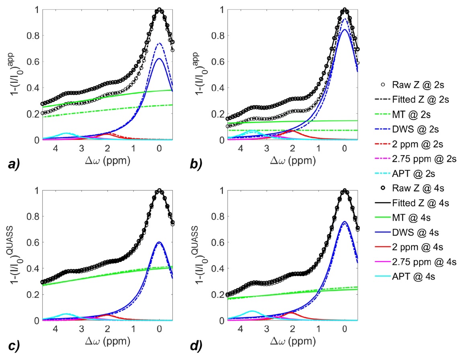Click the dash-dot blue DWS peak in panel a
tap(160, 43)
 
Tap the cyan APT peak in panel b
tap(252, 131)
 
